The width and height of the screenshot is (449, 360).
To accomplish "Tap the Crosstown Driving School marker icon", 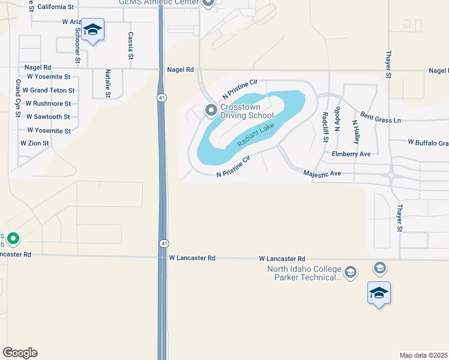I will [x=211, y=110].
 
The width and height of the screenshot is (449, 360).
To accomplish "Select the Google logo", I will [x=20, y=353].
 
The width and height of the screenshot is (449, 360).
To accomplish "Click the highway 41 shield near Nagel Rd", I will [x=162, y=97].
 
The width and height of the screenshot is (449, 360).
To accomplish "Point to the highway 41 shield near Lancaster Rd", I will [x=163, y=243].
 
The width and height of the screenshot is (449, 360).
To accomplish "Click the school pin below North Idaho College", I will [x=379, y=293].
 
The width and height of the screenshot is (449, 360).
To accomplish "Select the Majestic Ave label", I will [x=322, y=173].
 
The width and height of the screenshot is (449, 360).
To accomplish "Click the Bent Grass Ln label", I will [x=380, y=117].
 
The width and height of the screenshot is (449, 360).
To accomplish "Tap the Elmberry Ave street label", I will [x=351, y=154].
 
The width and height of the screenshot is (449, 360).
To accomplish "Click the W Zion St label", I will [x=35, y=143].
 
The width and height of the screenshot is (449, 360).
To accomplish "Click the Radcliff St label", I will [x=325, y=127].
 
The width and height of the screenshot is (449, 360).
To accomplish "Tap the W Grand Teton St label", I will [x=49, y=91].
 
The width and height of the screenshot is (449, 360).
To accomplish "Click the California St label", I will [x=55, y=7].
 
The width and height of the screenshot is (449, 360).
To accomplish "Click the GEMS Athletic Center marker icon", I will [x=208, y=3].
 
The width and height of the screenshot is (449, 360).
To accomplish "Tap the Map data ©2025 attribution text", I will [x=423, y=355].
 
